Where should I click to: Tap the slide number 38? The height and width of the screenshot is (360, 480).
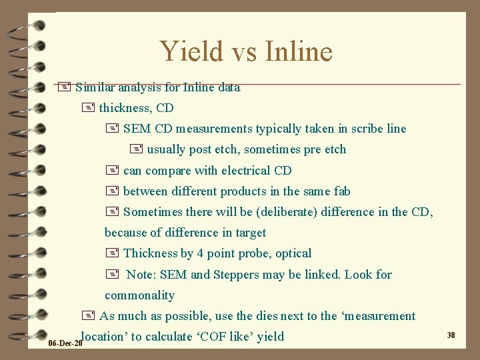point(451,335)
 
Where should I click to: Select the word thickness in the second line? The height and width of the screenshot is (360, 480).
point(125,108)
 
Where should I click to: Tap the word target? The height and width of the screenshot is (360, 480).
point(249,233)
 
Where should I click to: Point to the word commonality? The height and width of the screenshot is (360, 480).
point(139,295)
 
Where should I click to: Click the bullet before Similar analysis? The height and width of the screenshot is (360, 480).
point(65,87)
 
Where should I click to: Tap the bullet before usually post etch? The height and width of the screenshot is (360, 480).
point(137,149)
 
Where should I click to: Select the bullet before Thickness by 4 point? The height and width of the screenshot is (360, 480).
point(111,253)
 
